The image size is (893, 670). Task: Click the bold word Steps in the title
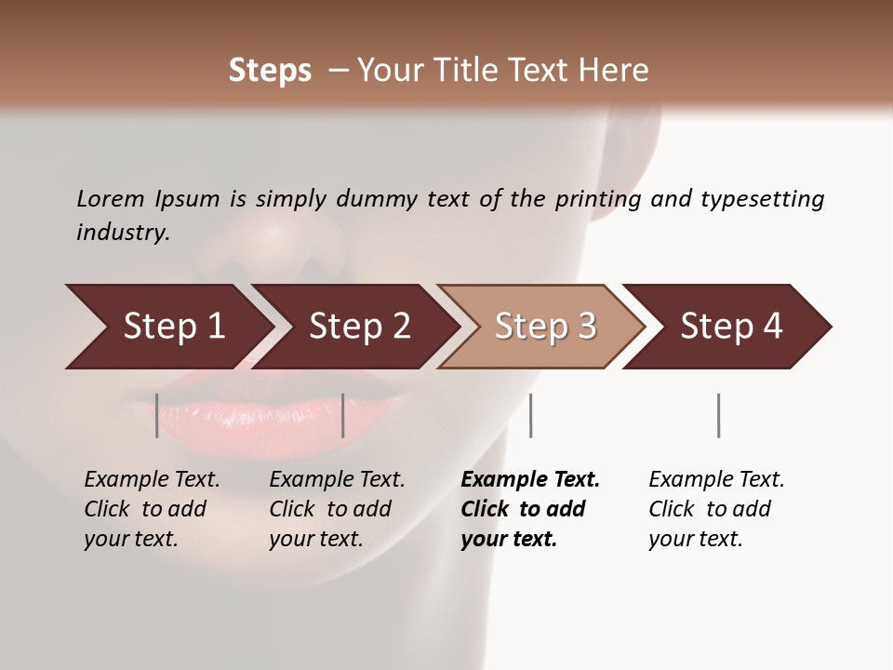(x=270, y=71)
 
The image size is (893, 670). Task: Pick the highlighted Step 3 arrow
(x=545, y=327)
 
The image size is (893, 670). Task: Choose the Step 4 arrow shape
(x=731, y=327)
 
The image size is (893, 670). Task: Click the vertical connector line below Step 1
(x=157, y=415)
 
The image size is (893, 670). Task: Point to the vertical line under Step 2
(x=343, y=415)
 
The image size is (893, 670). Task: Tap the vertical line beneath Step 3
(x=530, y=415)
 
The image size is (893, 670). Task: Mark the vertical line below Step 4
(x=718, y=415)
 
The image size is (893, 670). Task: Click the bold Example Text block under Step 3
(x=529, y=509)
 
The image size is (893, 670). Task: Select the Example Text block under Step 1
(x=152, y=509)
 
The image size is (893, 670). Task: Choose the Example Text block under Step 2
(x=337, y=509)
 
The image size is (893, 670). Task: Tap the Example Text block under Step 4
(x=716, y=509)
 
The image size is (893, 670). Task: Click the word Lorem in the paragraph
(x=111, y=199)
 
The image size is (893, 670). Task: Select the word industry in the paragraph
(x=123, y=233)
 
